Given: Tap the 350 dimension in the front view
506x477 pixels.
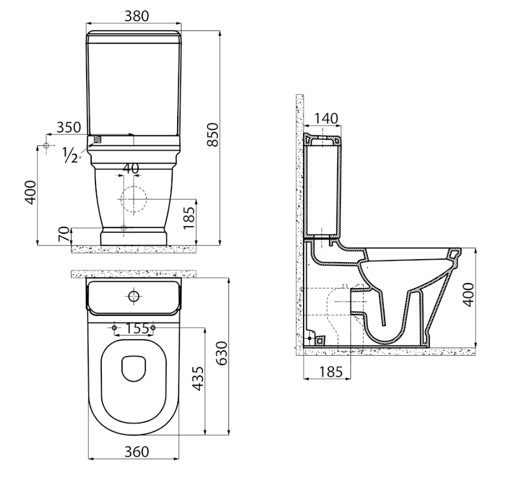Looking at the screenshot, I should point(68,126).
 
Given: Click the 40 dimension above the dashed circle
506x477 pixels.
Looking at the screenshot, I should point(131,169).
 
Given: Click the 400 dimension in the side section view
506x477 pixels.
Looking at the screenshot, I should point(467,294).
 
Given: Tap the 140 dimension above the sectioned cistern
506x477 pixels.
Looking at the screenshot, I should point(325,118).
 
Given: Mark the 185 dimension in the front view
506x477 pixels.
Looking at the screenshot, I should point(188,218).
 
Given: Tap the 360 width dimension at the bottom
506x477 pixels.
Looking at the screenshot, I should point(136,451).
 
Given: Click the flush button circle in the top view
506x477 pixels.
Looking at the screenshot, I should point(134,296).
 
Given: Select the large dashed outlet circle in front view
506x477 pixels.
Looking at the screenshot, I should point(132,198).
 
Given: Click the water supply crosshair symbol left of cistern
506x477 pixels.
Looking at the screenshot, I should point(46,147).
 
